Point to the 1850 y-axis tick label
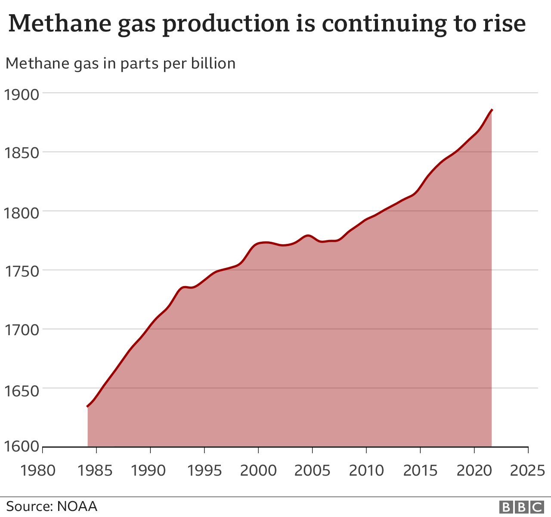(x=22, y=153)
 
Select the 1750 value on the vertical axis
(x=22, y=271)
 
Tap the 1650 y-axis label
(x=22, y=389)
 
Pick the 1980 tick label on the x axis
(x=38, y=470)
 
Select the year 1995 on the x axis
(x=204, y=470)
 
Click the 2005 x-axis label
(x=312, y=470)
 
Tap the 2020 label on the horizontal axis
(x=474, y=470)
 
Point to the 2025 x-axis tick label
(x=528, y=470)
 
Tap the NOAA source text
(x=77, y=506)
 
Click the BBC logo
(x=521, y=507)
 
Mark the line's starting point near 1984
(x=88, y=406)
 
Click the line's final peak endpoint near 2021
(x=492, y=110)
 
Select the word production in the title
(x=226, y=23)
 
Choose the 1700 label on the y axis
(x=22, y=330)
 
